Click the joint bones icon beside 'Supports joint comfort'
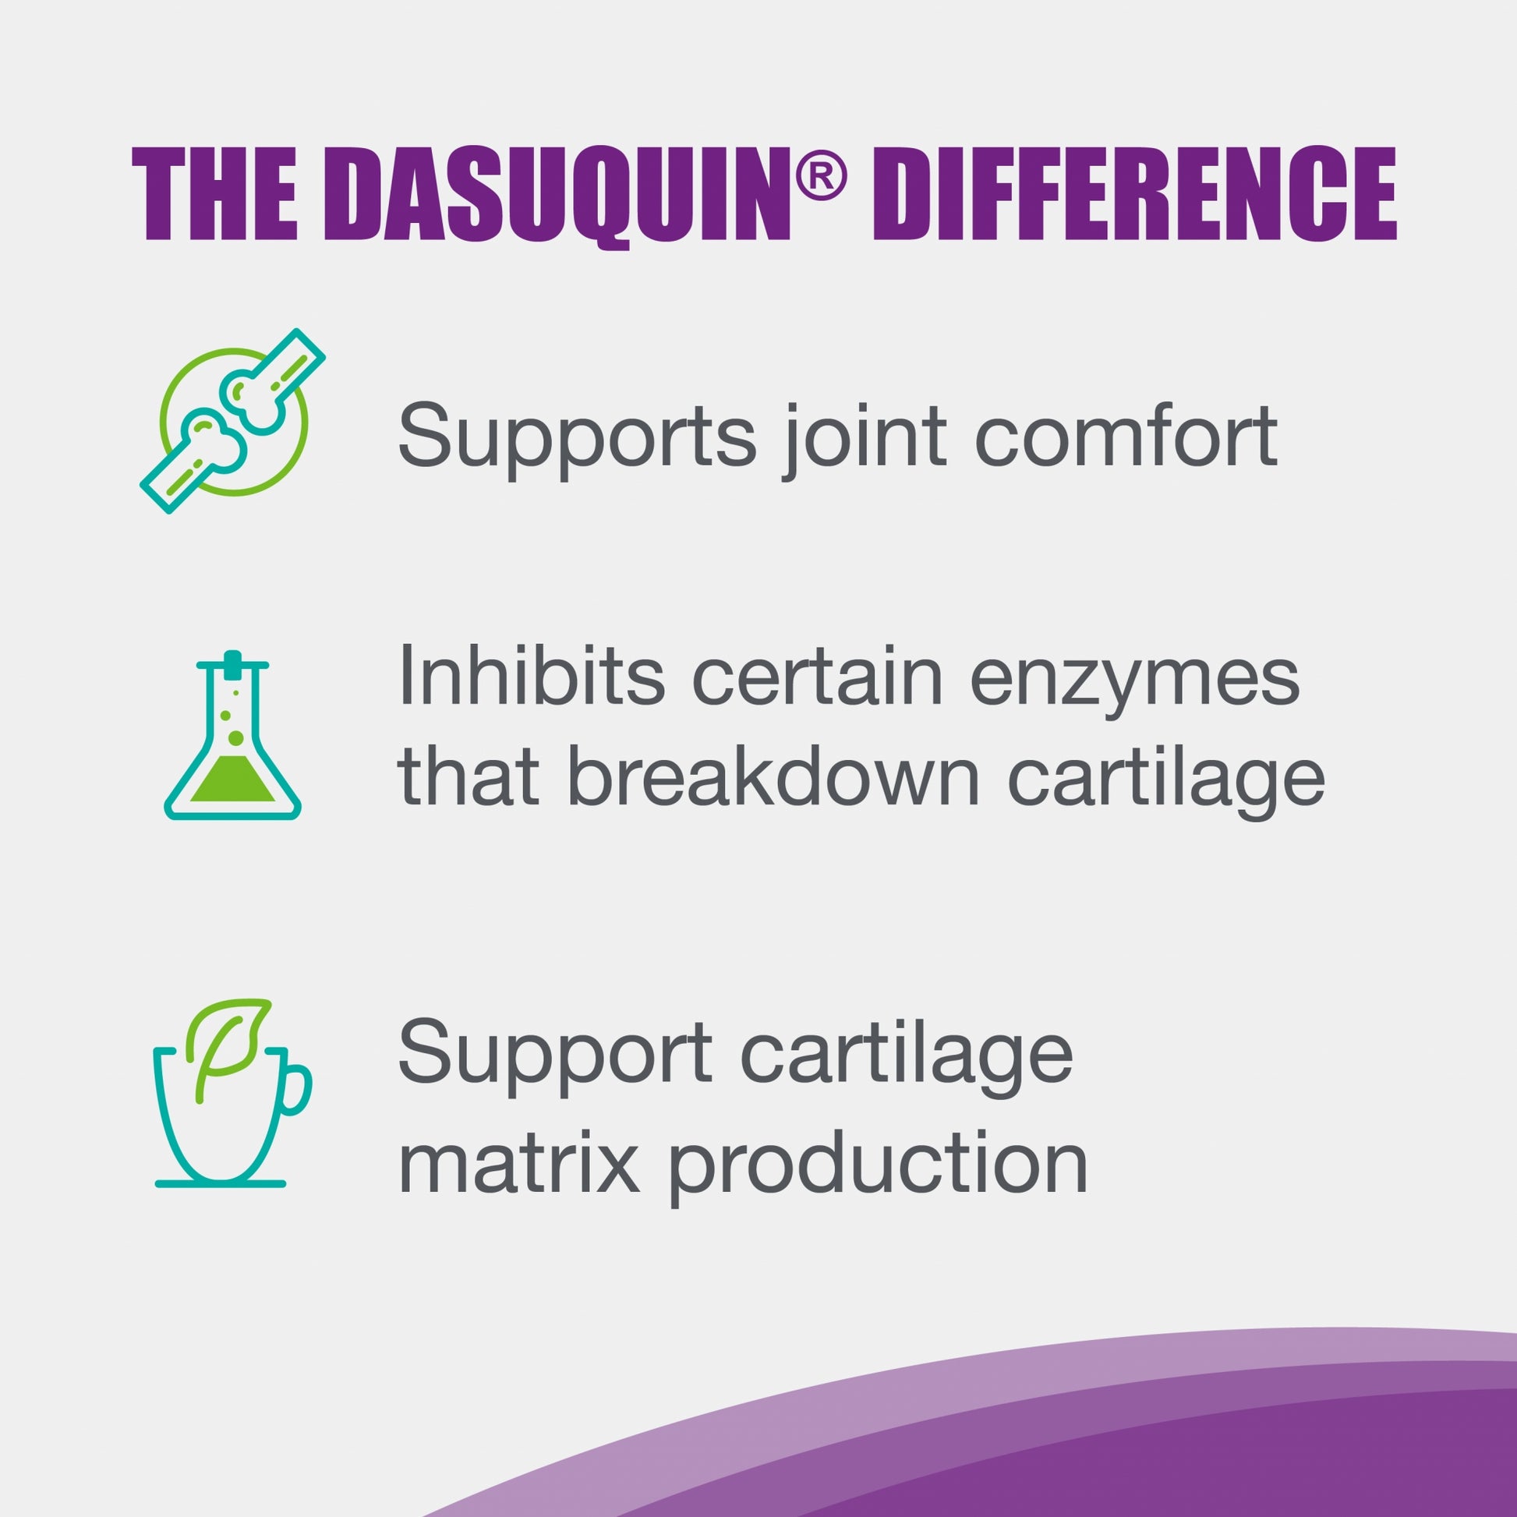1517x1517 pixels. [232, 421]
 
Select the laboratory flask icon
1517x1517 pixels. [232, 735]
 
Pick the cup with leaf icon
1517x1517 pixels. [232, 1092]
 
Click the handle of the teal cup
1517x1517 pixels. [295, 1089]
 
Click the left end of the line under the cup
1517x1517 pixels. [157, 1183]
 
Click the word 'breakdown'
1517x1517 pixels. [773, 776]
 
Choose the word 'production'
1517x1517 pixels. [877, 1166]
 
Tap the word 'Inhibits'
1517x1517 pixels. [532, 674]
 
